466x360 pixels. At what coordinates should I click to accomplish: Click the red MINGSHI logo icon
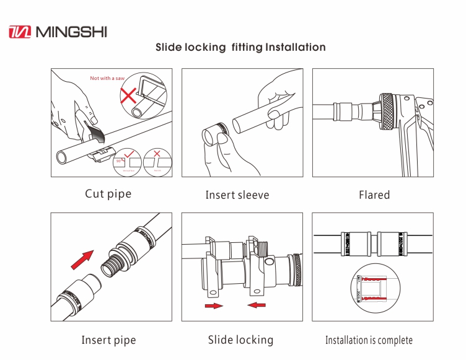click(20, 31)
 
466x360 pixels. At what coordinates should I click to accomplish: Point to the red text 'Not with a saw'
click(108, 78)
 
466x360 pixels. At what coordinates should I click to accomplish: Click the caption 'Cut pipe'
click(108, 194)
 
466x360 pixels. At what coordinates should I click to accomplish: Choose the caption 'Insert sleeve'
click(237, 195)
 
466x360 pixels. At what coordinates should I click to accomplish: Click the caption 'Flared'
click(374, 195)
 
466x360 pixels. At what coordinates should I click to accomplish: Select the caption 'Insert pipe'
click(108, 340)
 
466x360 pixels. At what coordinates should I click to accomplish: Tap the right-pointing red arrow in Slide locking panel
click(214, 305)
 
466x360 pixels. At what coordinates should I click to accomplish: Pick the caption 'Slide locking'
click(240, 340)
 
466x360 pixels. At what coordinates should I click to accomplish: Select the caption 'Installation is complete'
click(369, 340)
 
